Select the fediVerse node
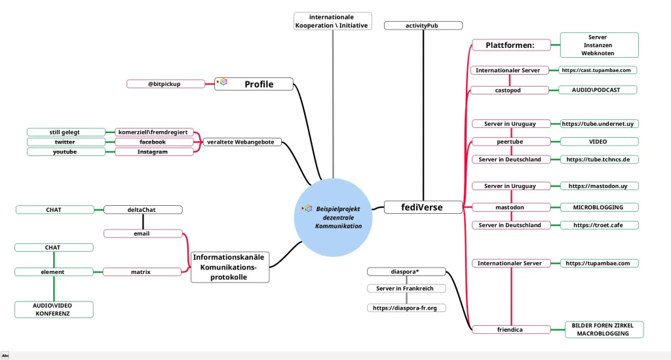422,207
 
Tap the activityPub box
423,26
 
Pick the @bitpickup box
164,84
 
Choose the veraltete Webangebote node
240,142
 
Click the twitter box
65,142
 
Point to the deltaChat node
143,210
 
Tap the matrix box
143,271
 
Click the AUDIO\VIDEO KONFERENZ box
54,310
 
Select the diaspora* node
406,271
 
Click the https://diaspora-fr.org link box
406,308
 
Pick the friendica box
510,329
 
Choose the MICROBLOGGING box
600,207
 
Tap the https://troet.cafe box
600,225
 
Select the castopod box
508,90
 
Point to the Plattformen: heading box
510,45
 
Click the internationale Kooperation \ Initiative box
332,21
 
